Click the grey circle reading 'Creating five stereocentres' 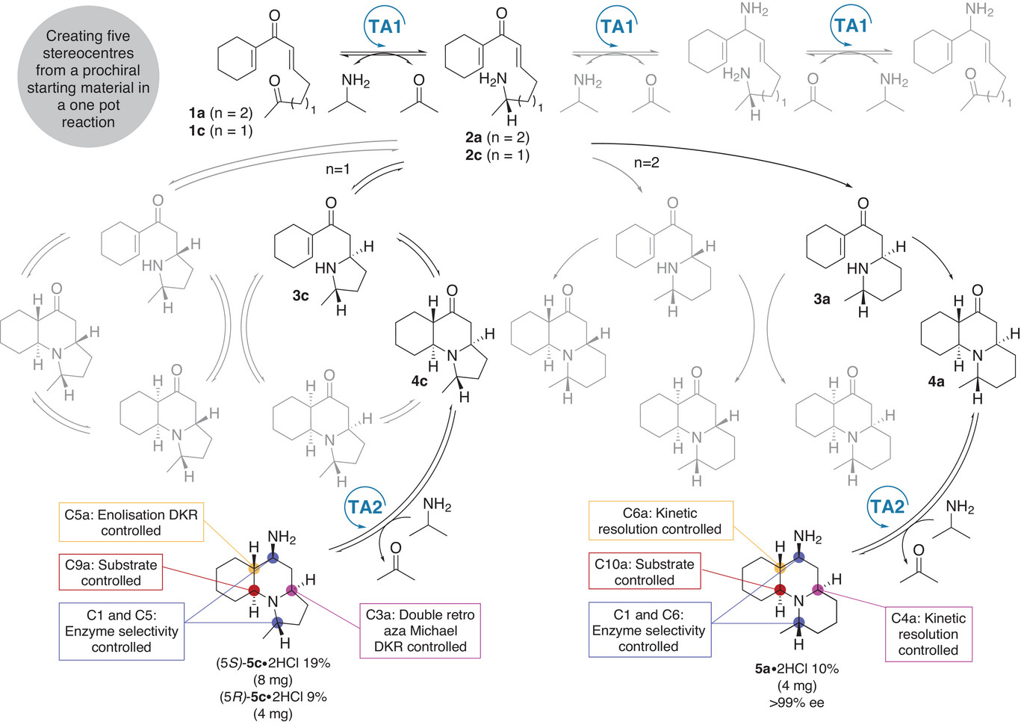[88, 78]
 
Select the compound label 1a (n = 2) [220, 114]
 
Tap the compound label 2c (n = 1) [497, 155]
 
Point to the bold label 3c [300, 296]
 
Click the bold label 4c [419, 381]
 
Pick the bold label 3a [822, 299]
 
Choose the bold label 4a [936, 381]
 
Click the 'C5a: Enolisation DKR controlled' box [131, 522]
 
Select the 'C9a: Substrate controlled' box [111, 573]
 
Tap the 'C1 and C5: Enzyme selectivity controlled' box [121, 631]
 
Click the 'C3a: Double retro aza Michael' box [420, 631]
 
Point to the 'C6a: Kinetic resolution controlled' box [660, 521]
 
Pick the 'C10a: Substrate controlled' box [644, 572]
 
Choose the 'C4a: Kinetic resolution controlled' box [928, 634]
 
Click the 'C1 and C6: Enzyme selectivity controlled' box [648, 630]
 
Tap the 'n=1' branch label [338, 170]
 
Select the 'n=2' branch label [646, 163]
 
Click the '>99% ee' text [796, 703]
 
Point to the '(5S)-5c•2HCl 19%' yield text [273, 663]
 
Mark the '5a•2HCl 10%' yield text [796, 669]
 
